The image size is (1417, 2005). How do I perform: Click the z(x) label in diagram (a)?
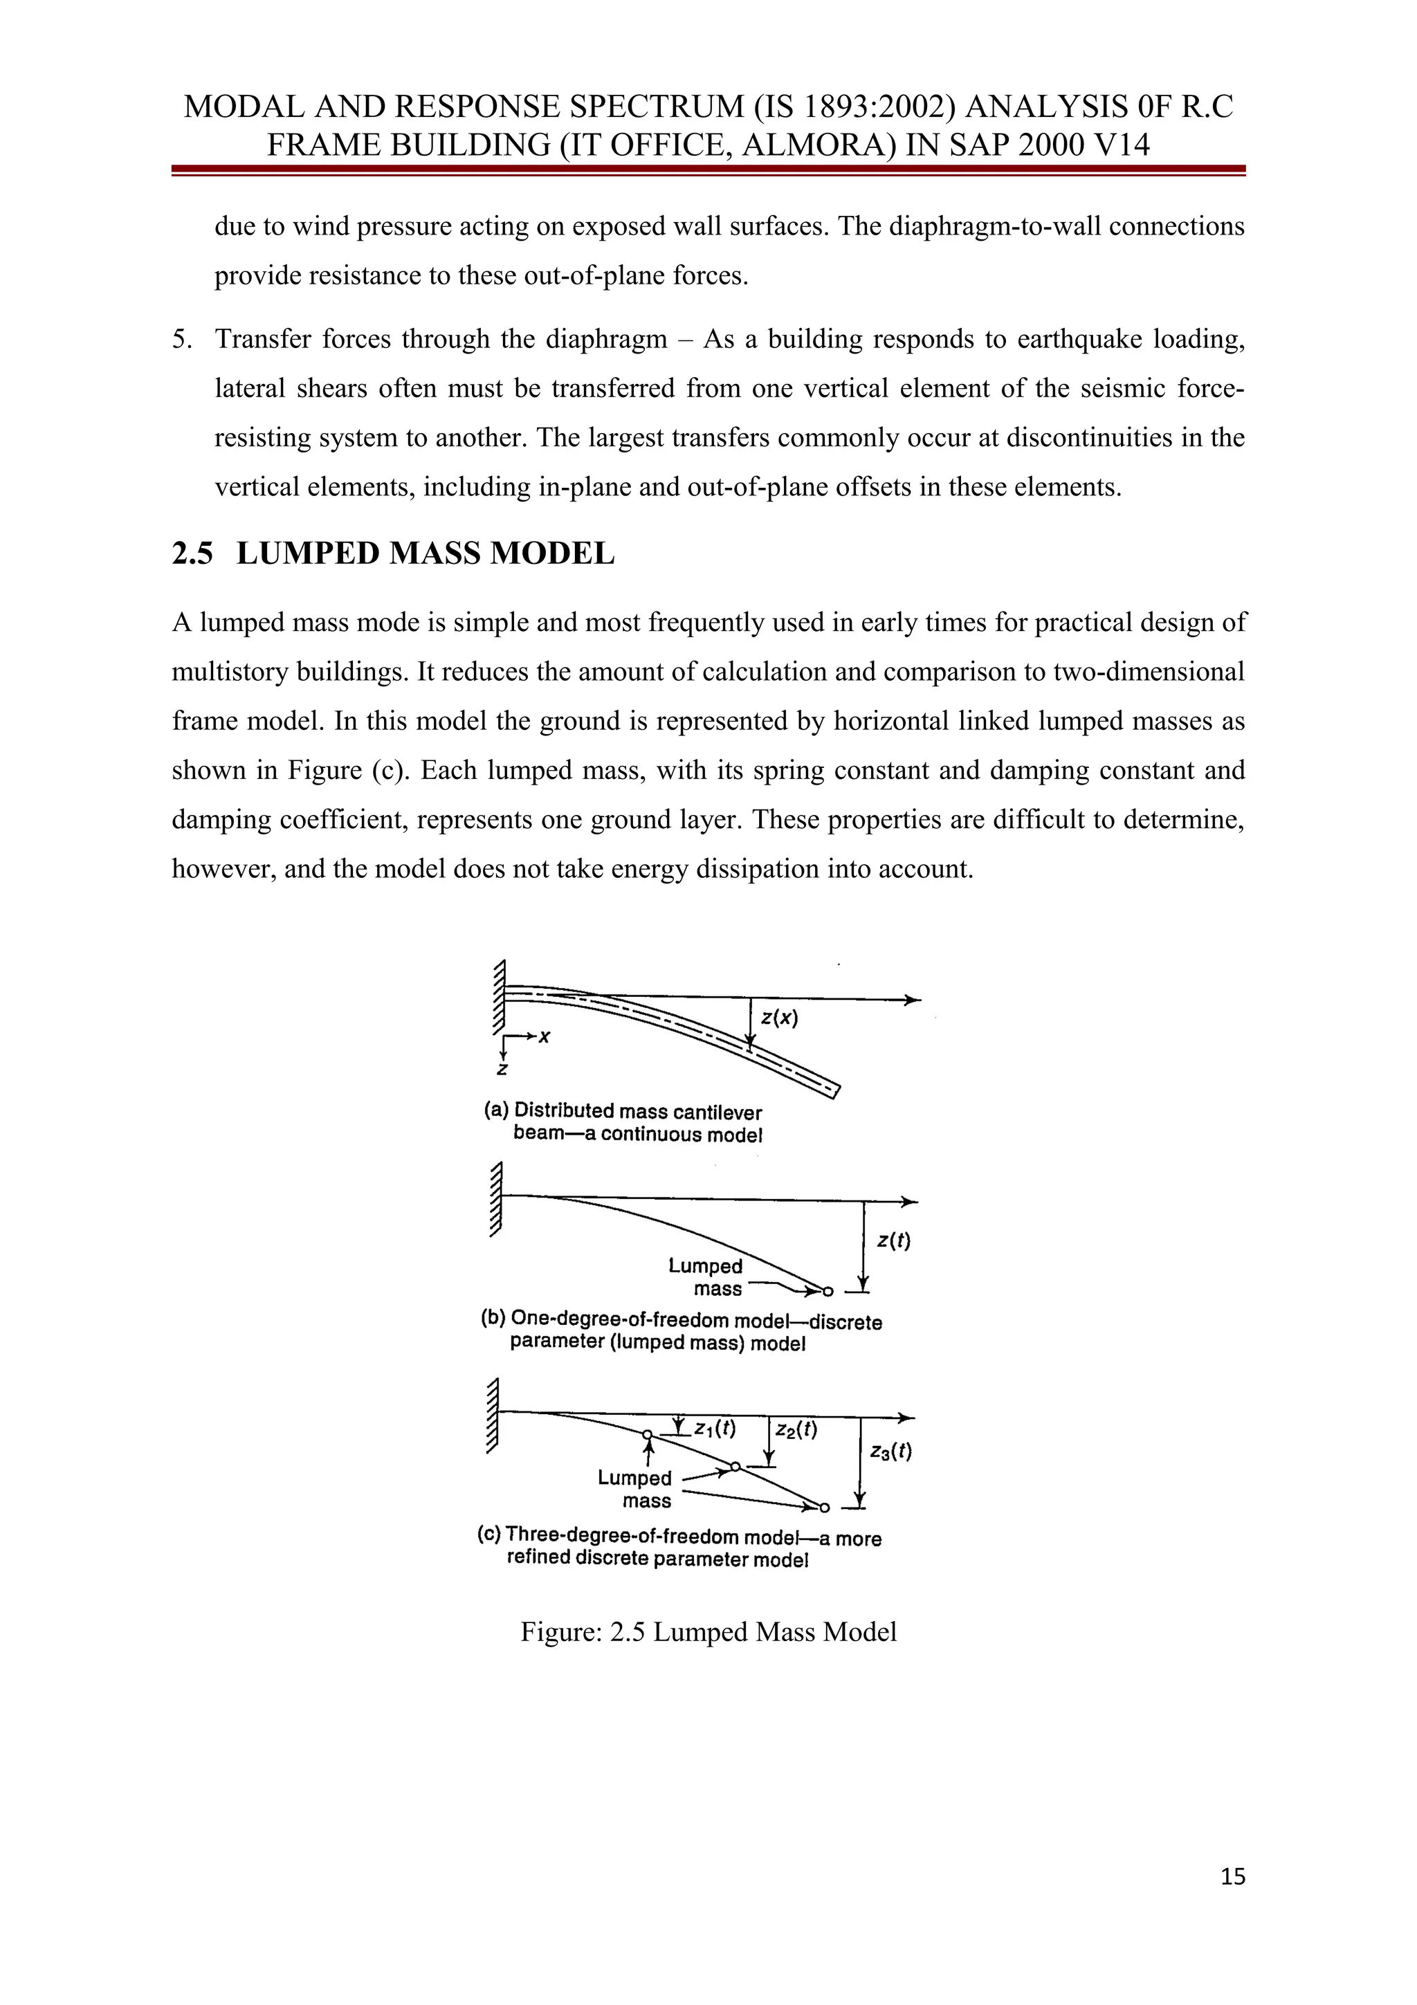[779, 1018]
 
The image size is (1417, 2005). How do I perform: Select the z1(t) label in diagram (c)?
[715, 1429]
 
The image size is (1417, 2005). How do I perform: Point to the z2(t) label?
[796, 1429]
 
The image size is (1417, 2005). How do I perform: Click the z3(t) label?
[890, 1452]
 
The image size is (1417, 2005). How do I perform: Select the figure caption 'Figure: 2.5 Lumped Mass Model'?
[708, 1632]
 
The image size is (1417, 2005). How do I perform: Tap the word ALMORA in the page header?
[818, 144]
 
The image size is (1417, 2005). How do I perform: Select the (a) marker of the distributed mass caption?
[496, 1110]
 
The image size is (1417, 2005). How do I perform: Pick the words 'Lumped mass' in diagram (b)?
[707, 1276]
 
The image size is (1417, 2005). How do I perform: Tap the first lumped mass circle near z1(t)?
[647, 1434]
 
